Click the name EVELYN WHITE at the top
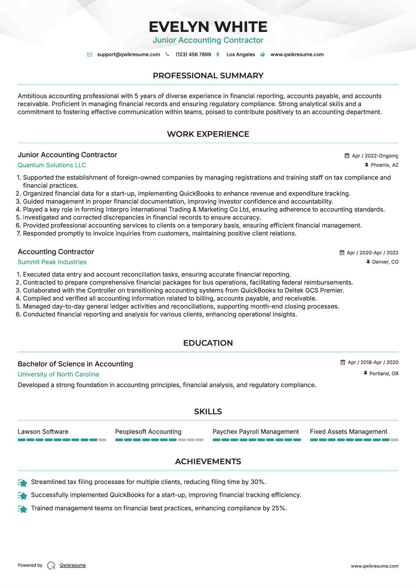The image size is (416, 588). [x=208, y=27]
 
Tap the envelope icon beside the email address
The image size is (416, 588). [x=90, y=55]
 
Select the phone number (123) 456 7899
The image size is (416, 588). [x=193, y=55]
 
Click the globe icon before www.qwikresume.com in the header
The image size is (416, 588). [x=262, y=55]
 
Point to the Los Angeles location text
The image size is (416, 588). [x=240, y=55]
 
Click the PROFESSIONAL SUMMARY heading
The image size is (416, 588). [x=208, y=76]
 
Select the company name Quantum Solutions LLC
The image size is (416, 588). [x=52, y=165]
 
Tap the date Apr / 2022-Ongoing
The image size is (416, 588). [x=375, y=156]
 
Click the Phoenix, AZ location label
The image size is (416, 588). [x=384, y=165]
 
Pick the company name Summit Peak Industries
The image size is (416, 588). [x=52, y=262]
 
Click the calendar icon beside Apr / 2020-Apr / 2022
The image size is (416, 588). [x=342, y=253]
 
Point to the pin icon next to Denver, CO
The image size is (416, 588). [x=368, y=262]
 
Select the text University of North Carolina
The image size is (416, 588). [x=58, y=374]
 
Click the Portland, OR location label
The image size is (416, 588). [x=384, y=373]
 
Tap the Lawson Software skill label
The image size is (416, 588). [x=43, y=432]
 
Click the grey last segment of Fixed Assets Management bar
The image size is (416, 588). [x=394, y=440]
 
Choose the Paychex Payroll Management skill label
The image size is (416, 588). [x=255, y=432]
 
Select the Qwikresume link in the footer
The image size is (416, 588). [x=73, y=565]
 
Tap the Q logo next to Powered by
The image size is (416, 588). [x=51, y=566]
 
